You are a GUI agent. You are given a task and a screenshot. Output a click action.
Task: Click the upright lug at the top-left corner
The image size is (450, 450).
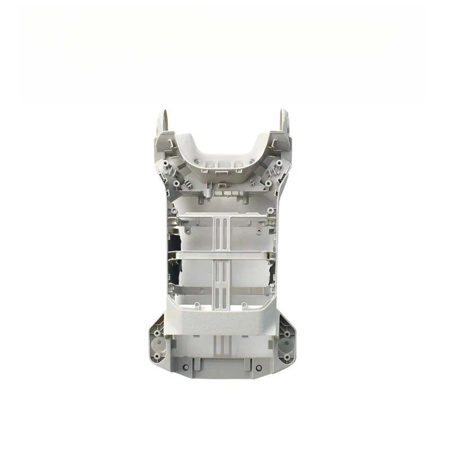[x=162, y=120]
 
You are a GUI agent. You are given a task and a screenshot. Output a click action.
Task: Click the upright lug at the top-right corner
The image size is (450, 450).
[x=284, y=120]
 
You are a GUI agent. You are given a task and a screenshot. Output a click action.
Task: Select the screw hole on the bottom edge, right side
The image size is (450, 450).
[x=259, y=367]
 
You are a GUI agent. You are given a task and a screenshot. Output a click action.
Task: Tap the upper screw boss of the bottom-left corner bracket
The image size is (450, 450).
[x=157, y=332]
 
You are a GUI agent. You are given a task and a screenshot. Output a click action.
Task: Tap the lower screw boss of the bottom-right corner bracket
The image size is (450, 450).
[x=287, y=357]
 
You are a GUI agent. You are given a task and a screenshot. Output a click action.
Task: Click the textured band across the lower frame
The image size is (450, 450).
[x=223, y=322]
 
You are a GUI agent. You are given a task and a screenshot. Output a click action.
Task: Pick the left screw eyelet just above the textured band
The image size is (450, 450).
[x=197, y=306]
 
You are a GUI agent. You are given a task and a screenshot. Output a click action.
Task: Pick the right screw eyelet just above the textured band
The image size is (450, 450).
[x=250, y=306]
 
